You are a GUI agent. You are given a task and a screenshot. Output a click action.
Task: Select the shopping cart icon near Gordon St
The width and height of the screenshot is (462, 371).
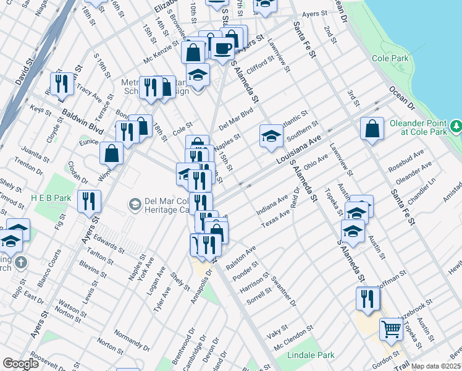(391, 329)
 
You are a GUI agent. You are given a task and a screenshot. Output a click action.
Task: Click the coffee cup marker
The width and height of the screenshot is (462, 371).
(222, 48)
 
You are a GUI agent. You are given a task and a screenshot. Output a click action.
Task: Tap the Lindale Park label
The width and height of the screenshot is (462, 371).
(311, 355)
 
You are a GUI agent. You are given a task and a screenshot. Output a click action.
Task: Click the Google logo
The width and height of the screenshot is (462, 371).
(20, 364)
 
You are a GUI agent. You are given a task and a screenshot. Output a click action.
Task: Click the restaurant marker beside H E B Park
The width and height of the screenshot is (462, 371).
(89, 202)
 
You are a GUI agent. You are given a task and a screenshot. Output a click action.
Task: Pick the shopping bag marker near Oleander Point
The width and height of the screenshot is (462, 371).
(372, 129)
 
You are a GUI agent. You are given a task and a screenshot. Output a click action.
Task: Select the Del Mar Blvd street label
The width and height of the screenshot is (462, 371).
(236, 116)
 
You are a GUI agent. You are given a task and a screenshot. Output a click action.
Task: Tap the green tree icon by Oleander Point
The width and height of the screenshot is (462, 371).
(456, 126)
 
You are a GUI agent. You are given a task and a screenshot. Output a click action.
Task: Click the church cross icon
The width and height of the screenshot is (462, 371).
(21, 262)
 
